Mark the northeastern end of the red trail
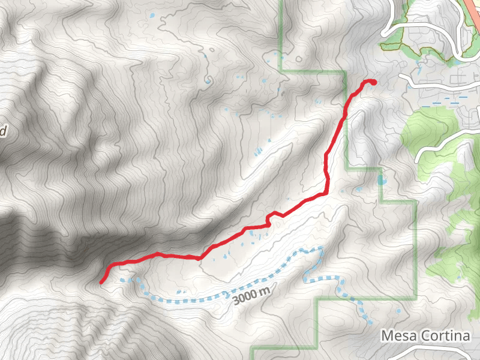[374, 82]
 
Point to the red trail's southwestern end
[101, 281]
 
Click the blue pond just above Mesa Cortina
[398, 311]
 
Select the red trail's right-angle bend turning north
[326, 193]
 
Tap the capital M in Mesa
[386, 337]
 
